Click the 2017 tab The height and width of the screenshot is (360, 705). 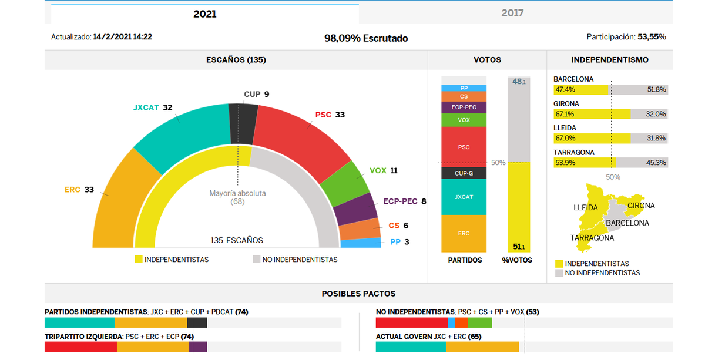point(512,13)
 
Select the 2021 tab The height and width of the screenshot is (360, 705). point(204,14)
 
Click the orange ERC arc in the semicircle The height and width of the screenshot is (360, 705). point(117,200)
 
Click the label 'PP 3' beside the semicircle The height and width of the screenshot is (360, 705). point(399,242)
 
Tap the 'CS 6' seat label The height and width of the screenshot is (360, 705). point(398,226)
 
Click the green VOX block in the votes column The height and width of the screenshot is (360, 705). point(464,120)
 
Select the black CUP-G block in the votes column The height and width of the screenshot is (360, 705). point(464,173)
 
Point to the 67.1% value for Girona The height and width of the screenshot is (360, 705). point(565,114)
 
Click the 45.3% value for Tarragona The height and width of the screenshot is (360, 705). point(656,163)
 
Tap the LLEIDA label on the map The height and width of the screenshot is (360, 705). point(585,207)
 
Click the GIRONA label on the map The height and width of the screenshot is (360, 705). point(641,206)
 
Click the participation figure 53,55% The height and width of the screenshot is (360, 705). point(652,37)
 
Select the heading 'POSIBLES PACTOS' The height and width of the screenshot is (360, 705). point(358,294)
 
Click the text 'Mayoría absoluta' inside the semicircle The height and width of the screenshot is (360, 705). point(237,193)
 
